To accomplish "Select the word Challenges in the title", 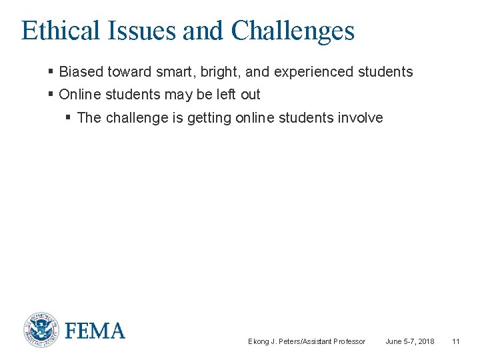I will [293, 31].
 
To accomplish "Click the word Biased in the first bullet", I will [79, 72].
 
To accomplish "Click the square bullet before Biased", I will [51, 71].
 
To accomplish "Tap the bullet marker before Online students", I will [51, 94].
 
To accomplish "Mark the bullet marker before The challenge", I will [69, 117].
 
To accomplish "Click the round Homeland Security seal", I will [41, 330].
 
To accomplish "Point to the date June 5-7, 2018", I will [410, 341].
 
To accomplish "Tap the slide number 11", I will [456, 341].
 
